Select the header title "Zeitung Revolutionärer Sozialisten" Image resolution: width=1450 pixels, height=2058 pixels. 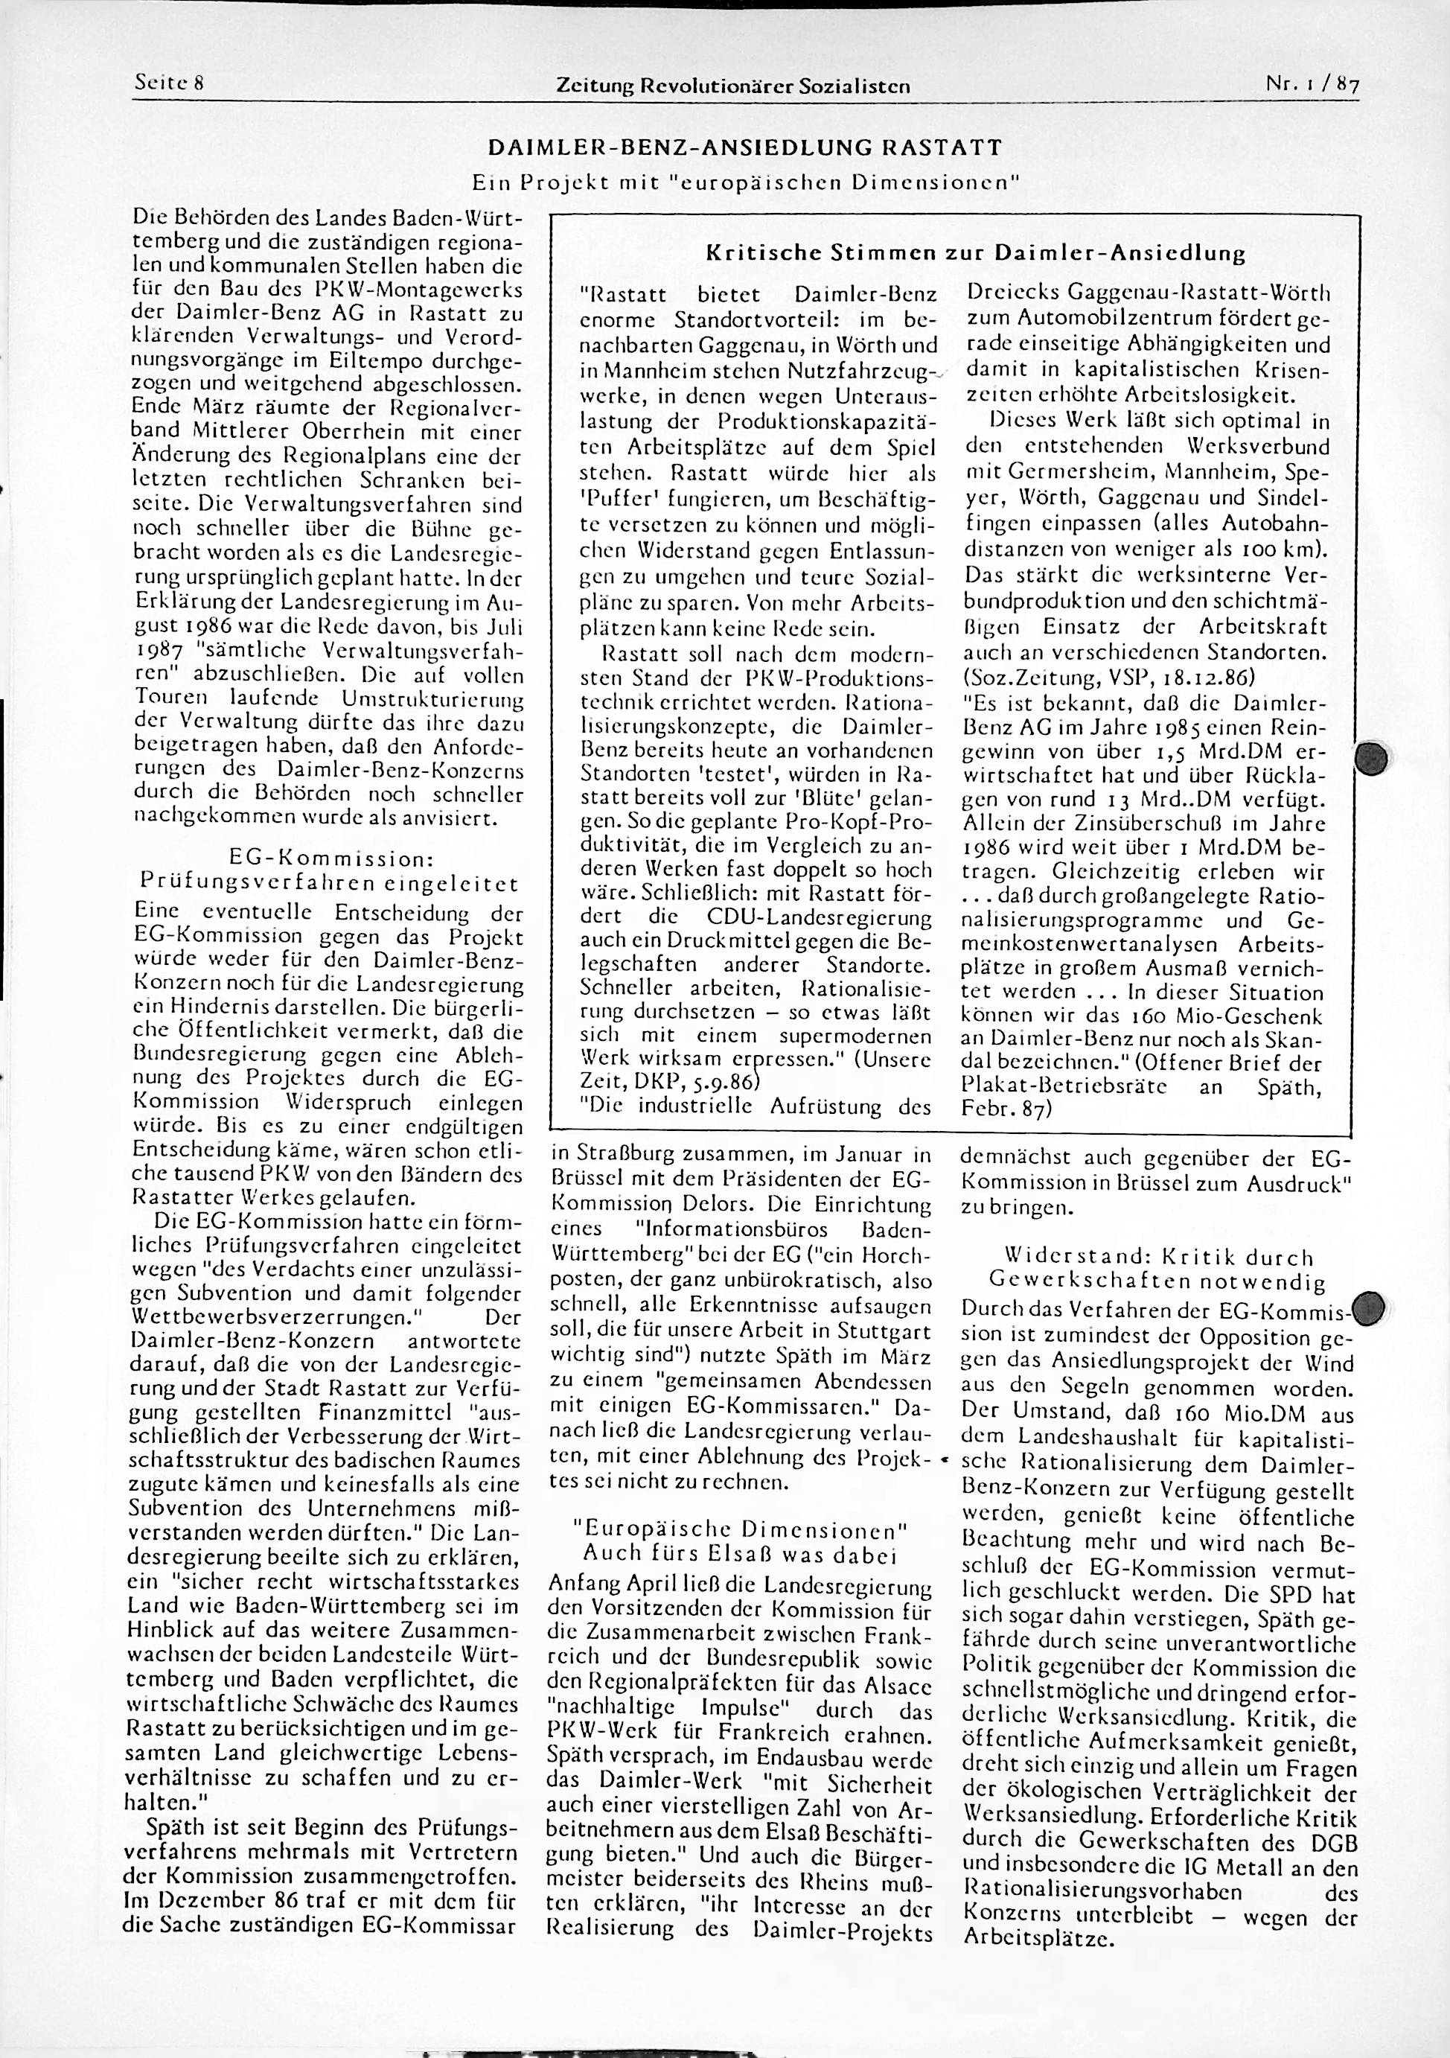point(733,86)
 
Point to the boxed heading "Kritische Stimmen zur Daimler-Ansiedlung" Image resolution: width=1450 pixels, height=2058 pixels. point(976,254)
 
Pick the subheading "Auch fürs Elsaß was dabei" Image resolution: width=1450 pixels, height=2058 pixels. point(740,1553)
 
